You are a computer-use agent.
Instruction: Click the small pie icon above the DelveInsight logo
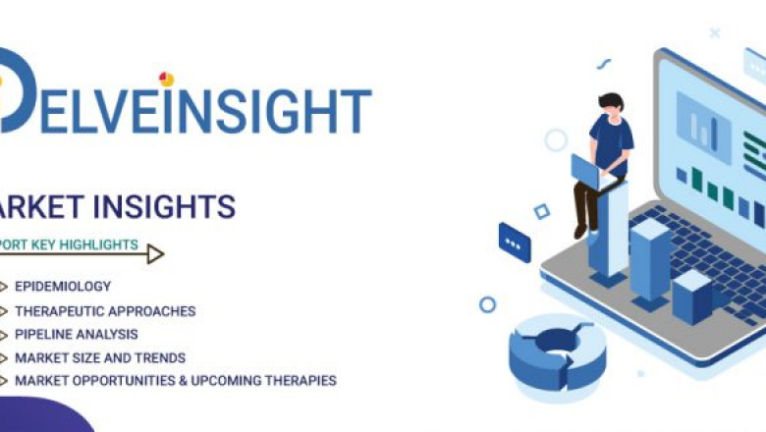point(166,79)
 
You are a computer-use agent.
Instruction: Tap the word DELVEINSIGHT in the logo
point(187,109)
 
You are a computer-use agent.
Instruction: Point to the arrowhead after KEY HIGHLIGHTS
point(155,254)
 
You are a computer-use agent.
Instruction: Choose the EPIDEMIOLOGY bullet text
point(63,287)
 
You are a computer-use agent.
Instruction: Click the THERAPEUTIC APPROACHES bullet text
point(105,311)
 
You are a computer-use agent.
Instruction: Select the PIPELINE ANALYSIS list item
point(77,335)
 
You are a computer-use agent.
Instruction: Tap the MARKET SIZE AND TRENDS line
point(100,358)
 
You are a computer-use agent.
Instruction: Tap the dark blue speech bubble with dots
point(515,242)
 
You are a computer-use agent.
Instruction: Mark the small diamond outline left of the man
point(541,211)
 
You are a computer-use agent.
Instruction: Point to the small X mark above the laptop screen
point(715,33)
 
